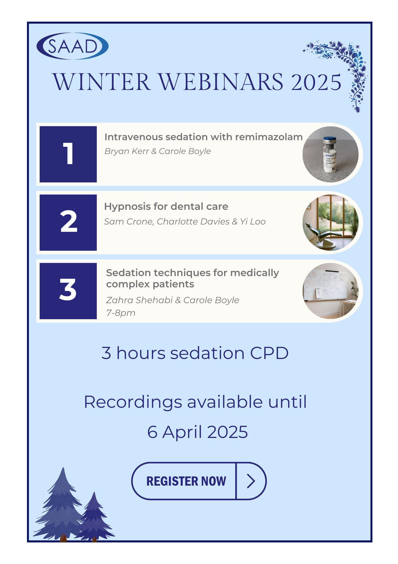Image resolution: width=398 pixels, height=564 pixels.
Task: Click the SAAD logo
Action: pyautogui.click(x=73, y=46)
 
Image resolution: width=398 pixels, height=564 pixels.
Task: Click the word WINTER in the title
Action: pyautogui.click(x=102, y=82)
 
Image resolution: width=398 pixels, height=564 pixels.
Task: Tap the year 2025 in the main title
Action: pyautogui.click(x=316, y=82)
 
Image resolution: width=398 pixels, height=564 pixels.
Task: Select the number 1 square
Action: pyautogui.click(x=68, y=154)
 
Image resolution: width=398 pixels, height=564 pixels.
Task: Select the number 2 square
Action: pyautogui.click(x=68, y=222)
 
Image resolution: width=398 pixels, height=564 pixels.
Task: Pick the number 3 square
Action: pyautogui.click(x=68, y=291)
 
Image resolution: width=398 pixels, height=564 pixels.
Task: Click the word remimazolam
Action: pyautogui.click(x=269, y=137)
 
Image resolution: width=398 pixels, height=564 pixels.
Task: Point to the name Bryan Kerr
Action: pyautogui.click(x=127, y=151)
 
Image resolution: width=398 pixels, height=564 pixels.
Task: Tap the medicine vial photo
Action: pyautogui.click(x=330, y=154)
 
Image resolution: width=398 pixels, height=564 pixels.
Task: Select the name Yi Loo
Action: pyautogui.click(x=253, y=222)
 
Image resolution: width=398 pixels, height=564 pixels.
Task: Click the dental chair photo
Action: pyautogui.click(x=330, y=222)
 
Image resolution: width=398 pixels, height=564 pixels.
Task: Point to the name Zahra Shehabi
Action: pyautogui.click(x=139, y=300)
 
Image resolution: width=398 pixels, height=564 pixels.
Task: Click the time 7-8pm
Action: pyautogui.click(x=121, y=313)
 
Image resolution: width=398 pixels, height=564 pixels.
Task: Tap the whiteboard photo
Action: pyautogui.click(x=330, y=291)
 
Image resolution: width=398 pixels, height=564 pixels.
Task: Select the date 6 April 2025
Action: pyautogui.click(x=198, y=432)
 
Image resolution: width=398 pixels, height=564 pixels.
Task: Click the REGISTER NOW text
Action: pyautogui.click(x=186, y=481)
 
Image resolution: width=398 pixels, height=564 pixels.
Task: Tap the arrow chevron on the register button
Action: pyautogui.click(x=251, y=481)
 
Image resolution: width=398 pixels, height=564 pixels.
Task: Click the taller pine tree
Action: pyautogui.click(x=61, y=505)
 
